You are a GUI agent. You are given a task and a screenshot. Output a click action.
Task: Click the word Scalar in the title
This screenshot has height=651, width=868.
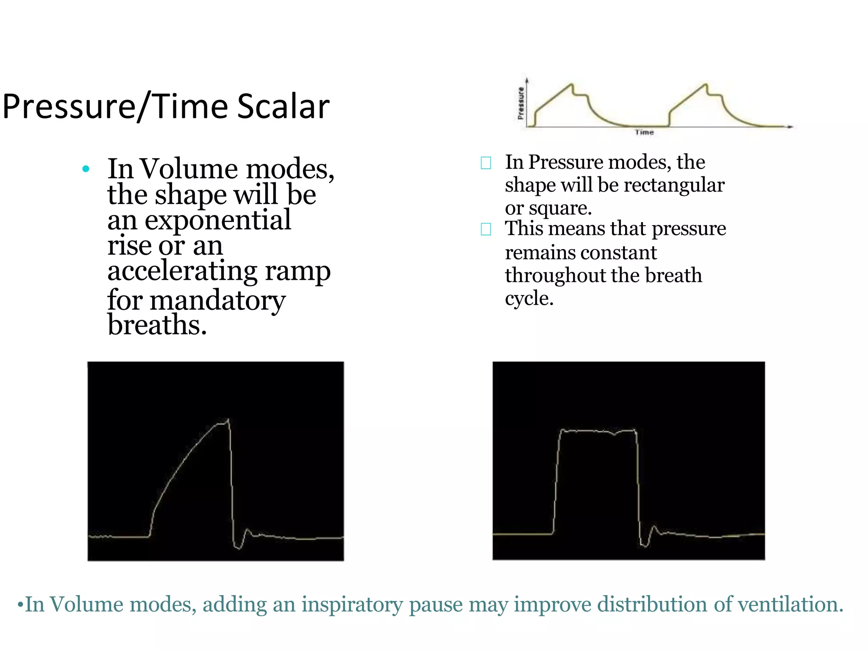point(283,106)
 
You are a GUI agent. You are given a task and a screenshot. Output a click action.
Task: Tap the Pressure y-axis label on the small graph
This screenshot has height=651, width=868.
point(520,103)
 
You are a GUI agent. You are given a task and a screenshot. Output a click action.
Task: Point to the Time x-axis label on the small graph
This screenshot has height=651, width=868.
point(644,132)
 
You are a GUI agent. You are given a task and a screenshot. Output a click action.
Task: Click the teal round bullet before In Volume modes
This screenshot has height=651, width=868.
point(86,169)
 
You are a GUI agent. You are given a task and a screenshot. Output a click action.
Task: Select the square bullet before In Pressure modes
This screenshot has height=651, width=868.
point(486,163)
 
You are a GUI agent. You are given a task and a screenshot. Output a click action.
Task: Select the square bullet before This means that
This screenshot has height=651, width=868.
point(486,229)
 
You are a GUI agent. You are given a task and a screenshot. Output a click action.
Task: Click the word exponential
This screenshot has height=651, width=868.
point(217,220)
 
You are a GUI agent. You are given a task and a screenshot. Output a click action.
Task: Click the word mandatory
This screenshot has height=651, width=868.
point(217,300)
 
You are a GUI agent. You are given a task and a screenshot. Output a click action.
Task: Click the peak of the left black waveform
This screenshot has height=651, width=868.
point(228,420)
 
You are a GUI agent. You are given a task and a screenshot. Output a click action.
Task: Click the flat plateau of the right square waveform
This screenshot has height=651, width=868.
point(598,431)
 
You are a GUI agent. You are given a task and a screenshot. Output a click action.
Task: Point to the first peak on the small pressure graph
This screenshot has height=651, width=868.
point(572,84)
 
